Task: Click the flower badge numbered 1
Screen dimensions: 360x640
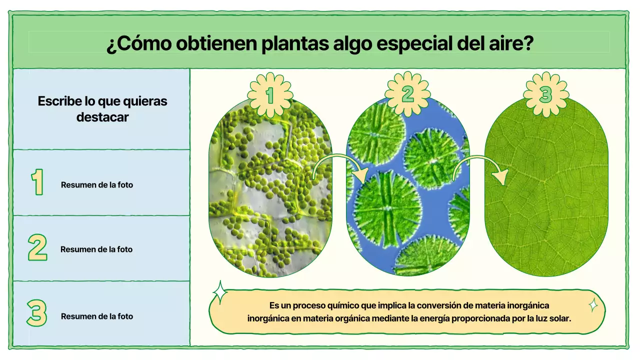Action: click(270, 94)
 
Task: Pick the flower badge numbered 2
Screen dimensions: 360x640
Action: click(407, 94)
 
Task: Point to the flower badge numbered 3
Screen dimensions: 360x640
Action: click(545, 94)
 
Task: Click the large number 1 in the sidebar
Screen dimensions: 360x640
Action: click(37, 182)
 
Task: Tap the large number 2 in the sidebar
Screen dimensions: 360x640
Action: click(37, 247)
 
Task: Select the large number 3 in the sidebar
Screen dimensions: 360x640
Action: click(36, 313)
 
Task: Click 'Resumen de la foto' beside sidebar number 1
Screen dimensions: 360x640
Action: click(97, 185)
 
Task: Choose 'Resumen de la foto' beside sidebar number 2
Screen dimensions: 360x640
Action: click(96, 249)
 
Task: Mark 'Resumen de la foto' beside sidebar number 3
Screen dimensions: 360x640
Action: click(97, 316)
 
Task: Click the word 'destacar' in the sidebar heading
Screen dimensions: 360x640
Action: click(102, 117)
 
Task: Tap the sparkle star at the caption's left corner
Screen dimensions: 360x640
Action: click(220, 292)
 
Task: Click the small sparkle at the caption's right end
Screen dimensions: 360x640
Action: click(593, 304)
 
